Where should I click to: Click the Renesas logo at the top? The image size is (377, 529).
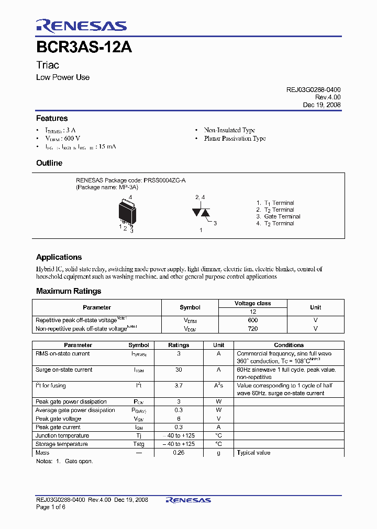click(x=81, y=26)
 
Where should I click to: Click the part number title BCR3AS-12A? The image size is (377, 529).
click(x=84, y=47)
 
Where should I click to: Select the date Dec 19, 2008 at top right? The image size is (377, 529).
click(x=321, y=105)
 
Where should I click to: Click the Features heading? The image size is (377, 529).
click(x=51, y=118)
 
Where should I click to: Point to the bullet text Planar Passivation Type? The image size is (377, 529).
click(x=235, y=139)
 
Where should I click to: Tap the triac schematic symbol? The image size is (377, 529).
click(x=201, y=212)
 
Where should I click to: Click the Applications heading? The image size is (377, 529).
click(x=59, y=257)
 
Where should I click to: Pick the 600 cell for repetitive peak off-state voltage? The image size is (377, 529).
click(x=252, y=320)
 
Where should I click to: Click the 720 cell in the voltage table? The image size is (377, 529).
click(x=252, y=329)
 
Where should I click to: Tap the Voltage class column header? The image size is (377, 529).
click(x=252, y=303)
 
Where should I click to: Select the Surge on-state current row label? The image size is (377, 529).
click(x=64, y=370)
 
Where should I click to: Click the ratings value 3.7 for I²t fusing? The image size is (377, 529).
click(x=179, y=386)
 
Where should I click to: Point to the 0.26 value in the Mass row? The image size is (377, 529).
click(x=179, y=453)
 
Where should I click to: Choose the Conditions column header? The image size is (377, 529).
click(x=289, y=345)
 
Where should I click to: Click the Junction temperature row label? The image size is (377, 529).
click(x=62, y=435)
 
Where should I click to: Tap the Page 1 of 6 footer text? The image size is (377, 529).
click(x=51, y=507)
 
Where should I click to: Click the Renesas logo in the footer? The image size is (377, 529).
click(x=188, y=500)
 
